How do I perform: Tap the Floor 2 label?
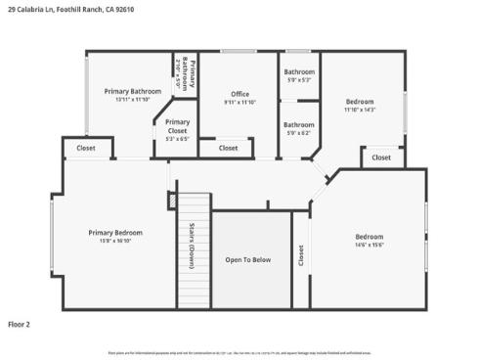click(x=20, y=323)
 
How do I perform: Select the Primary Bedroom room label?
click(x=115, y=233)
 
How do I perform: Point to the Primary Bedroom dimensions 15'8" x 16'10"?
click(x=115, y=242)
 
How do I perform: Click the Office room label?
click(x=239, y=94)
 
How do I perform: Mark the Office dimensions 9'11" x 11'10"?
click(x=239, y=103)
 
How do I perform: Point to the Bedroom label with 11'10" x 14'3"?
click(x=360, y=101)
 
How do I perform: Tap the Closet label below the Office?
click(x=228, y=148)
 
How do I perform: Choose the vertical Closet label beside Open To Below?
click(x=301, y=255)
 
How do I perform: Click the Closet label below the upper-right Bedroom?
click(x=381, y=157)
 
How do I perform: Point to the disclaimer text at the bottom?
click(x=239, y=351)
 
